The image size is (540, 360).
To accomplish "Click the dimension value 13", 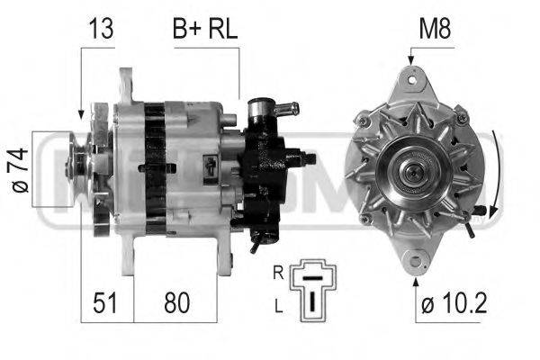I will click(100, 30).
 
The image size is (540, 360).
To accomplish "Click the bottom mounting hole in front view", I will click(413, 262).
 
